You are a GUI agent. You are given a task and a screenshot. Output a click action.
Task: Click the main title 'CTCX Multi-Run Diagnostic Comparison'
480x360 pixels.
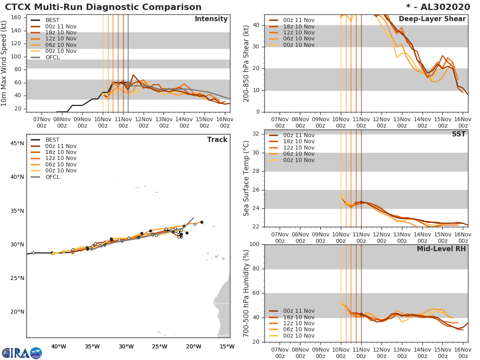(x=103, y=7)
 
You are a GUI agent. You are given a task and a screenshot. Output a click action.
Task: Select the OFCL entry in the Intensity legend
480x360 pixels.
(x=52, y=57)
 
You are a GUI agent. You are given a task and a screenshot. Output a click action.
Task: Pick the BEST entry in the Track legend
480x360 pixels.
(x=52, y=140)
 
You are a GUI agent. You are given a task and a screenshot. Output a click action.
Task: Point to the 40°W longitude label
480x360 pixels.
(x=58, y=346)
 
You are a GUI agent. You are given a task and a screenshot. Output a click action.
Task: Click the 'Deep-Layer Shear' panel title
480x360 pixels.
(x=432, y=19)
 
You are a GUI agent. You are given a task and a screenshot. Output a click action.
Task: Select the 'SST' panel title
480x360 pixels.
(x=458, y=134)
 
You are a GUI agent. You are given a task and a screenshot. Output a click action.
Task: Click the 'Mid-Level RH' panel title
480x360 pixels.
(x=441, y=249)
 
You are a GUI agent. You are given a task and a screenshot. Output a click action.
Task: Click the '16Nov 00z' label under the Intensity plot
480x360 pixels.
(x=224, y=122)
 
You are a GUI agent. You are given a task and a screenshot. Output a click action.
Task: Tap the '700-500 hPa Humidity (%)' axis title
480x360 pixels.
(x=246, y=293)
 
